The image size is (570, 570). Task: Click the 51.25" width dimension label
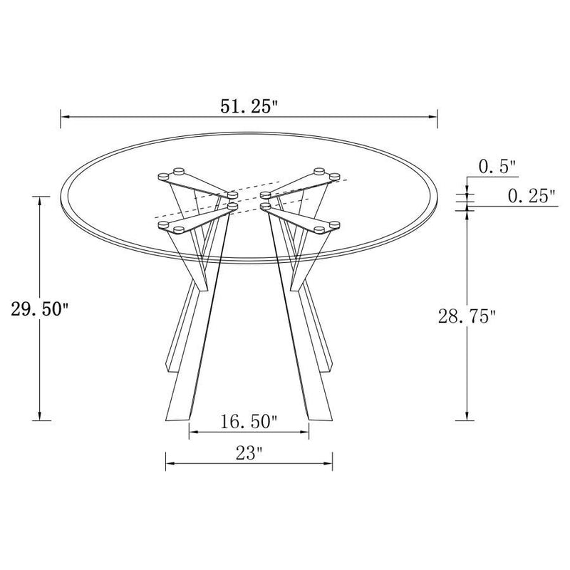(x=249, y=107)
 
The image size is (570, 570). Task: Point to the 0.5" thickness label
(x=497, y=168)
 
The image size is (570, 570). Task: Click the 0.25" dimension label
(x=532, y=197)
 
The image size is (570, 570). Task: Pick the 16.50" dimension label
(x=249, y=422)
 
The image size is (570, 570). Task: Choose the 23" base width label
(x=249, y=452)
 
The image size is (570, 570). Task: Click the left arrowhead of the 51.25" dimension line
(x=66, y=117)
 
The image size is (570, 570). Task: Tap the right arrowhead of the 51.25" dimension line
(x=432, y=117)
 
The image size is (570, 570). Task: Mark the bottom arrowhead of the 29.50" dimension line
(x=41, y=416)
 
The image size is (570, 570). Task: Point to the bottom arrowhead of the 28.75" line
(x=467, y=416)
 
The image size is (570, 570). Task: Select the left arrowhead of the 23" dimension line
(x=170, y=463)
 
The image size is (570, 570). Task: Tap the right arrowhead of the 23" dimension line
(x=328, y=463)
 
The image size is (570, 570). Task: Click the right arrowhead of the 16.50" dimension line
(x=305, y=432)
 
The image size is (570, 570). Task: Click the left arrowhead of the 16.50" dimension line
(x=193, y=432)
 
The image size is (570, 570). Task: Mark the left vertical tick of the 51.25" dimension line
(x=61, y=117)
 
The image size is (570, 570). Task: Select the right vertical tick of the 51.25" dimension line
(x=437, y=117)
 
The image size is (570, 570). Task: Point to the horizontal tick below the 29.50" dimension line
(x=41, y=421)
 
